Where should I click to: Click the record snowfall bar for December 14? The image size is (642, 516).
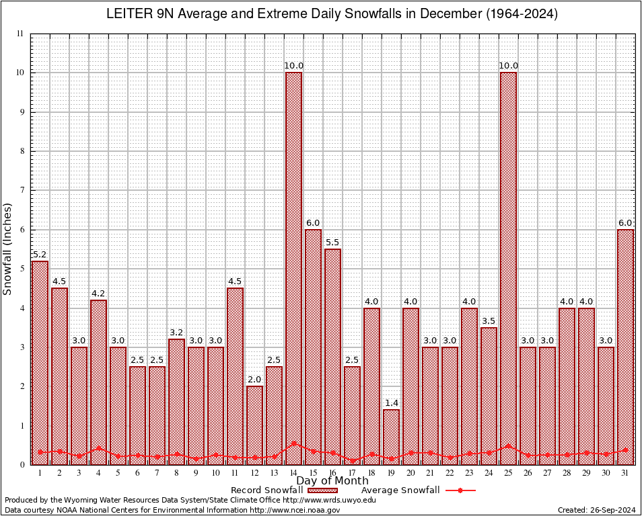pyautogui.click(x=293, y=269)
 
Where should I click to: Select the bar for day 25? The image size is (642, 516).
pyautogui.click(x=508, y=269)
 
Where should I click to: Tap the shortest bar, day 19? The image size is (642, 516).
pyautogui.click(x=391, y=437)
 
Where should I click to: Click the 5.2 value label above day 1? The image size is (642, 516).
pyautogui.click(x=40, y=255)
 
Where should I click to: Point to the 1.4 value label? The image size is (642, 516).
pyautogui.click(x=391, y=403)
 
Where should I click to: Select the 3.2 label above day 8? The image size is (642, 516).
pyautogui.click(x=176, y=333)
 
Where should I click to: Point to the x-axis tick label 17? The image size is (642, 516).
pyautogui.click(x=352, y=473)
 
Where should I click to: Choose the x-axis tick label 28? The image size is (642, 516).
pyautogui.click(x=567, y=473)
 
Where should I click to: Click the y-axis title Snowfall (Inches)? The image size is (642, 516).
pyautogui.click(x=7, y=249)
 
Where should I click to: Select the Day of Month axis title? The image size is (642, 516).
pyautogui.click(x=332, y=481)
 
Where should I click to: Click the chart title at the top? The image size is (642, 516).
pyautogui.click(x=332, y=14)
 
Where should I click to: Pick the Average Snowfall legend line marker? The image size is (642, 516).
pyautogui.click(x=460, y=490)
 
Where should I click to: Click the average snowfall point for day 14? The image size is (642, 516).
pyautogui.click(x=293, y=443)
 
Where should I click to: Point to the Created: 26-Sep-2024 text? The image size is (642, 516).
pyautogui.click(x=596, y=511)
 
